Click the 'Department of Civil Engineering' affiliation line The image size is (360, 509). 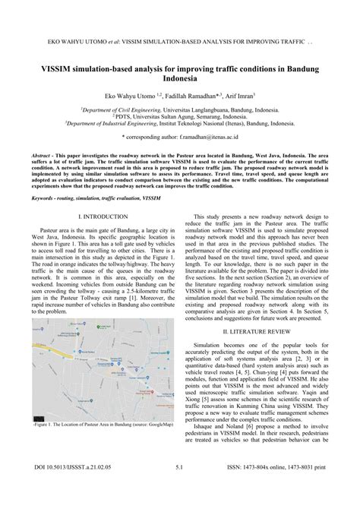tap(180, 109)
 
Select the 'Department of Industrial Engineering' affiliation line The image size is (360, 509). tap(180, 122)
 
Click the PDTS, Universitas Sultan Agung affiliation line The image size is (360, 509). tap(180, 115)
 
